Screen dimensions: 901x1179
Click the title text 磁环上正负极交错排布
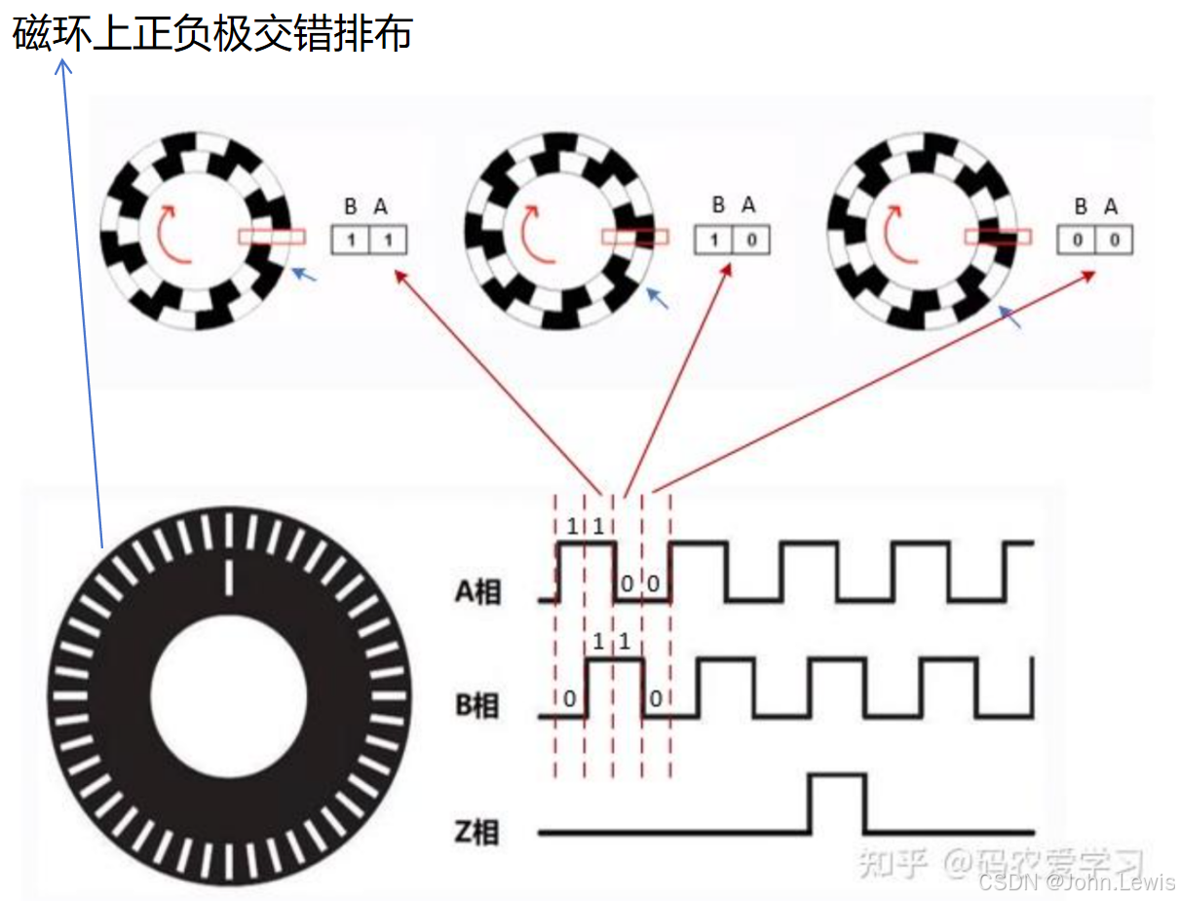tap(212, 34)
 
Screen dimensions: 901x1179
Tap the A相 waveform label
tap(477, 590)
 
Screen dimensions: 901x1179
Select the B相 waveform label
tap(477, 705)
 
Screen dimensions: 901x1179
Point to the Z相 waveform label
tap(476, 831)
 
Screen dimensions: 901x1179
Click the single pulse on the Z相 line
tap(836, 802)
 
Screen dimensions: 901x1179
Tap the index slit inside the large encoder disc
tap(230, 577)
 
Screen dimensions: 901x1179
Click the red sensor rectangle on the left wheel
tap(271, 236)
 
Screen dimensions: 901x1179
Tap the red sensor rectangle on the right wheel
tap(997, 236)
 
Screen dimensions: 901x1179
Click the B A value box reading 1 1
tap(368, 241)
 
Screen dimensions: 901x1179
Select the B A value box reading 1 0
tap(731, 241)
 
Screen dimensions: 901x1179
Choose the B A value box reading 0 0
tap(1095, 241)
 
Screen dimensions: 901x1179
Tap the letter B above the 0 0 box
tap(1081, 206)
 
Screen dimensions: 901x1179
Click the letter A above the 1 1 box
tap(381, 206)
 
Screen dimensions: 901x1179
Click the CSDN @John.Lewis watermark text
tap(1077, 882)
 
